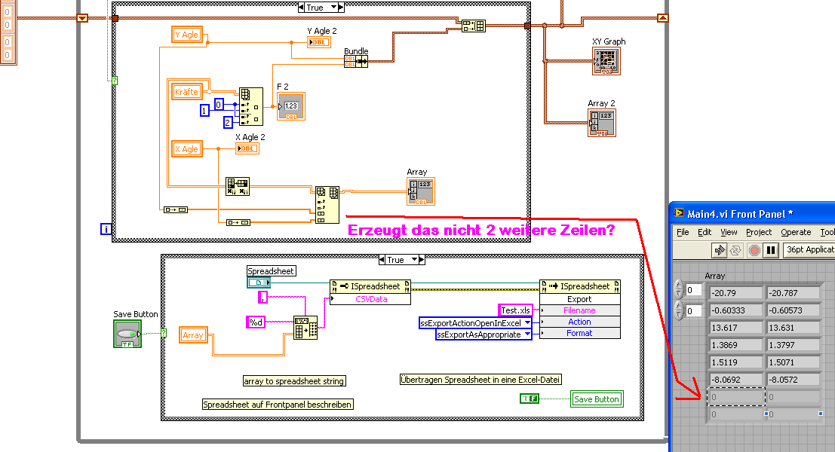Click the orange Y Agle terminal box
pos(186,35)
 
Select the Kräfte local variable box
pos(186,92)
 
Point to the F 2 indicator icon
pos(291,106)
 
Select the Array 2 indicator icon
pos(602,123)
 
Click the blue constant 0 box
pos(219,104)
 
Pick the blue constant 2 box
pos(228,122)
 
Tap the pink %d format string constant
pos(256,322)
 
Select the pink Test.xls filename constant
pos(516,310)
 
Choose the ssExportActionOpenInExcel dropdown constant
pos(475,322)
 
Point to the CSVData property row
pos(370,299)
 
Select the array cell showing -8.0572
pos(792,380)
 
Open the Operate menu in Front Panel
pos(796,232)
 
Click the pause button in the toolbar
pos(770,249)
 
